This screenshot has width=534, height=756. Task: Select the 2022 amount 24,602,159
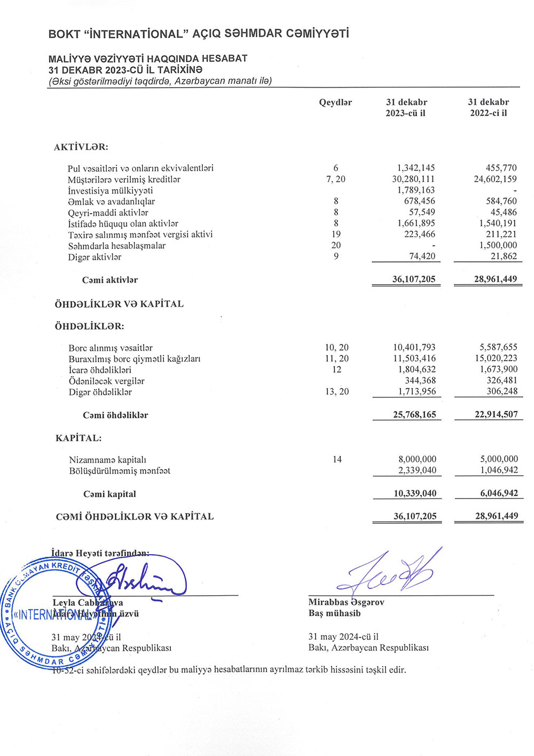coord(495,179)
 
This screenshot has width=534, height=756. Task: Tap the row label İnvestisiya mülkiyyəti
coord(111,191)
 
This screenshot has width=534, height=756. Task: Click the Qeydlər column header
coord(335,102)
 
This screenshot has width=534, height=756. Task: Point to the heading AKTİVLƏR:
coord(81,147)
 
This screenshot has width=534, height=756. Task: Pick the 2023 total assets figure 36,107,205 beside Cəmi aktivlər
coord(414,279)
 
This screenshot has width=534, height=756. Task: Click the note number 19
coord(336,234)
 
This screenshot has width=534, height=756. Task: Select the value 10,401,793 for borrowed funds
coord(414,347)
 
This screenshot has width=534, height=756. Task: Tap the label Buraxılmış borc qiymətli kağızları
coord(135,359)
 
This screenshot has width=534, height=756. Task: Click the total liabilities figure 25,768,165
coord(414,414)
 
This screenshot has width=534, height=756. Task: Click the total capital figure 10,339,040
coord(415,493)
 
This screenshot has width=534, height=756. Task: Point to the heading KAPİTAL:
coord(78,438)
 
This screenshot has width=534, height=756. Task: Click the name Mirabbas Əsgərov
coord(346,602)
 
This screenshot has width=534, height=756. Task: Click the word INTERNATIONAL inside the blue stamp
coord(53,614)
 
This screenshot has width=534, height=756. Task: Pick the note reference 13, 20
coord(337,392)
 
